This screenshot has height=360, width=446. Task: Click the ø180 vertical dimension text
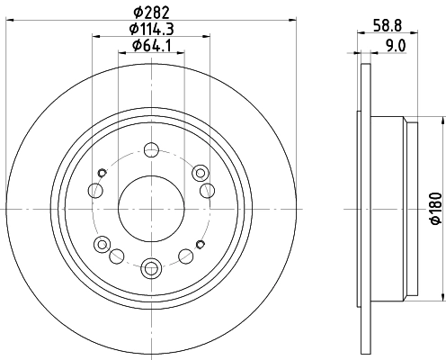(434, 209)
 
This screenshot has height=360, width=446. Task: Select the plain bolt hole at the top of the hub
(151, 149)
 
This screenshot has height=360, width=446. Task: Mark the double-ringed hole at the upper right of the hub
(200, 171)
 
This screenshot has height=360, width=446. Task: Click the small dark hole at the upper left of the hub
(103, 171)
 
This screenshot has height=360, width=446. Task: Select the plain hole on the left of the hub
(94, 189)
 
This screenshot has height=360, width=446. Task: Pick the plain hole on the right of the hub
(208, 189)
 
